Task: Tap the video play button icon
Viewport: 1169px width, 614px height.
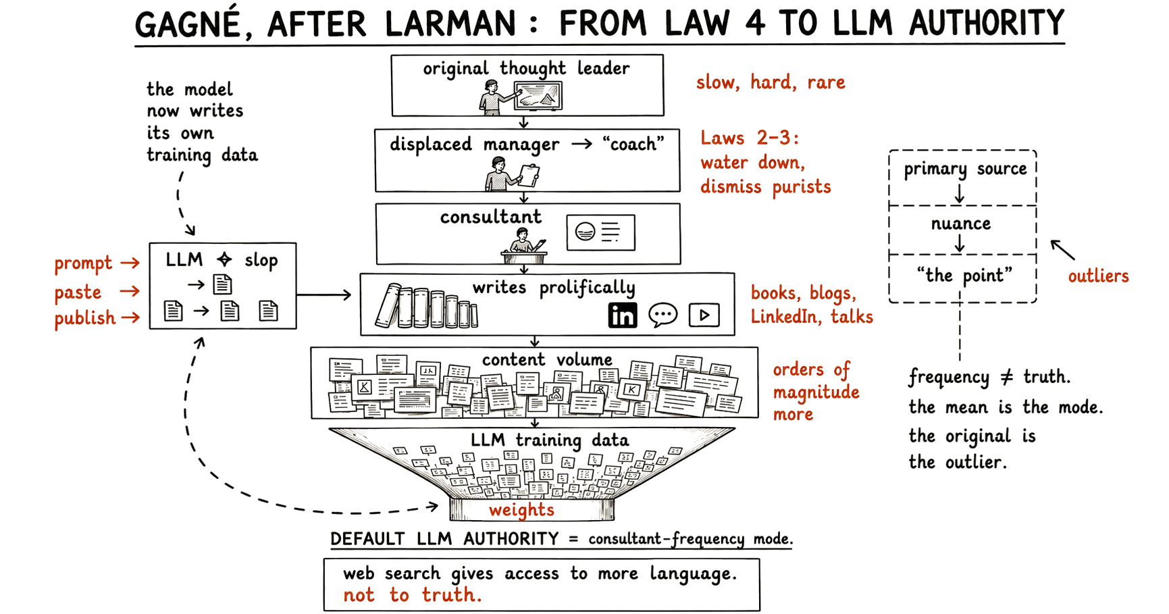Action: (704, 315)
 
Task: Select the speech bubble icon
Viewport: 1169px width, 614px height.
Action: (663, 315)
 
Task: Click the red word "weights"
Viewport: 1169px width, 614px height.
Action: (521, 509)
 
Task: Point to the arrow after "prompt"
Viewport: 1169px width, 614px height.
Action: (130, 263)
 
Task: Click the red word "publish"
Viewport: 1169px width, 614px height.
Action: (85, 318)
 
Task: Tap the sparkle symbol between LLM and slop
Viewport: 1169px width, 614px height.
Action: (224, 259)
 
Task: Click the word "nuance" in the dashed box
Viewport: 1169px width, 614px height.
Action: (961, 224)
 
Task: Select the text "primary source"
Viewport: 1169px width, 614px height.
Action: (965, 169)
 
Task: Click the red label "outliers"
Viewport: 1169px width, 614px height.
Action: (1098, 276)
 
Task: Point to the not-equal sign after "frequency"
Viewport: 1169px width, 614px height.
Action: (1006, 377)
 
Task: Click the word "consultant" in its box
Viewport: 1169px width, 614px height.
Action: (491, 217)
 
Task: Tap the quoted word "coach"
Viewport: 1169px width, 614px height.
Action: (633, 144)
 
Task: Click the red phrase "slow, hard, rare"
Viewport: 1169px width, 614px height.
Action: (771, 82)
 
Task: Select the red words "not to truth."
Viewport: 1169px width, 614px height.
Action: (413, 595)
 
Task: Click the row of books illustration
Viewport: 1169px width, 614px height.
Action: (427, 307)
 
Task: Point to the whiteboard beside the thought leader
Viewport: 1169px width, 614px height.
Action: (538, 97)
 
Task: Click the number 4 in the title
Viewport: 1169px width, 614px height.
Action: (755, 23)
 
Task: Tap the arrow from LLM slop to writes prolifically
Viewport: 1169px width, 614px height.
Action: (324, 295)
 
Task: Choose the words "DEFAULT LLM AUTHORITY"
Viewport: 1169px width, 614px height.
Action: (444, 539)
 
